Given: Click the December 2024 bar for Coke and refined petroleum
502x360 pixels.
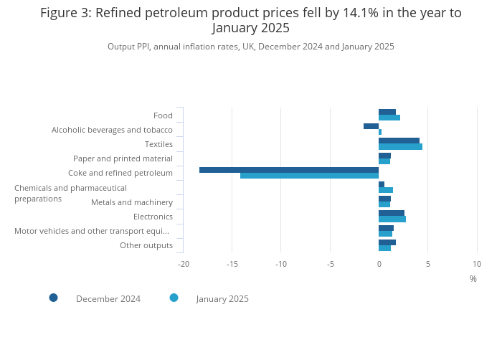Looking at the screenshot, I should point(289,170).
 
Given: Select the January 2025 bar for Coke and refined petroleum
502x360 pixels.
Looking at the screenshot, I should point(309,176).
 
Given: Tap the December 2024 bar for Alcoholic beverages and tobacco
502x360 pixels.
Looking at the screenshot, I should point(371,126).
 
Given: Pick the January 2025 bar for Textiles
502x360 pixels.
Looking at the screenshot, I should point(400,147).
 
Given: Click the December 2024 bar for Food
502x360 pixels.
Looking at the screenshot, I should point(387,112).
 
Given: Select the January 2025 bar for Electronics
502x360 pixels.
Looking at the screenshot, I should point(392,219).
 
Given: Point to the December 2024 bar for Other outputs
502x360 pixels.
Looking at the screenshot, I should point(387,242).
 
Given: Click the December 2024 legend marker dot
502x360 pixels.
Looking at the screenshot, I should point(53,298).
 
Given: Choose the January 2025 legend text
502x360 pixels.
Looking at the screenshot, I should point(222,299).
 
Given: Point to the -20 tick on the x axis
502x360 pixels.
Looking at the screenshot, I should point(184,264).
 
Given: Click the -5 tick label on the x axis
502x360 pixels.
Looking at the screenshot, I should point(330,264).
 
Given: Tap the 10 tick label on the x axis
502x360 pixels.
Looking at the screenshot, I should point(477,264).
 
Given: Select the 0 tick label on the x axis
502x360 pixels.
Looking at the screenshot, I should point(379,264).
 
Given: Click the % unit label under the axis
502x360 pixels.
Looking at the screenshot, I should point(473,279).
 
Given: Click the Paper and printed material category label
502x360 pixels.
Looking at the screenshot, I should point(123,158).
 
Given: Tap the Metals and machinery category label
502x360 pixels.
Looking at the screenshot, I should point(132,202).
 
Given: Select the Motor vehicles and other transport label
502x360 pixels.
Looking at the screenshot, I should point(92,231).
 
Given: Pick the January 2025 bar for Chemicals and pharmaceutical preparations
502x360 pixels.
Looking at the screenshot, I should point(386,190).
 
